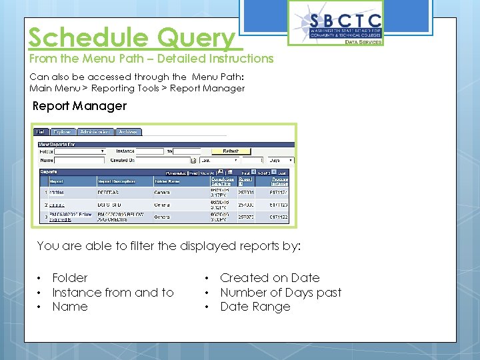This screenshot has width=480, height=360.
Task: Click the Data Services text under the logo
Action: [x=363, y=42]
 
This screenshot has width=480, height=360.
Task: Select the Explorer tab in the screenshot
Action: [x=63, y=132]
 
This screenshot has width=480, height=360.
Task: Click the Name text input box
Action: [x=79, y=160]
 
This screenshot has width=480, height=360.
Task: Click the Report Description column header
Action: [x=117, y=181]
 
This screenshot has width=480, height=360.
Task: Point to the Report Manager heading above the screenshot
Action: [x=79, y=106]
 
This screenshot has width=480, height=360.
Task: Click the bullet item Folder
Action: [x=70, y=278]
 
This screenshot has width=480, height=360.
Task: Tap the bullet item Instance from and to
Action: [x=113, y=293]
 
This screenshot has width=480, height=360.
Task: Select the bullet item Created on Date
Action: [x=269, y=278]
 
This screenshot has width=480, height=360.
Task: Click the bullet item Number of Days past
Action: [x=280, y=293]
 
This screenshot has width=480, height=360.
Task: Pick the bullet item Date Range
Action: [x=255, y=307]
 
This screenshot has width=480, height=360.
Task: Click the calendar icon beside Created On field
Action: [x=193, y=161]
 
